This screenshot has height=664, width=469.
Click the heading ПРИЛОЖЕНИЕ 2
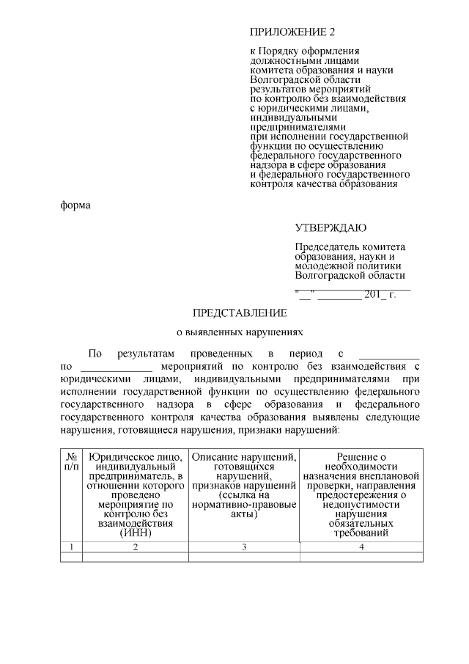click(292, 33)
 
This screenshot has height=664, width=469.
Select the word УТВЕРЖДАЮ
click(330, 228)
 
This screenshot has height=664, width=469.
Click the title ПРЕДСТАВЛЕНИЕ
click(240, 313)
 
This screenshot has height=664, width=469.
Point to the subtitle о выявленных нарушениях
click(240, 332)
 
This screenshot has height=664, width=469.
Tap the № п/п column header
click(71, 461)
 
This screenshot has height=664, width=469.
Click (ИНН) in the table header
click(136, 533)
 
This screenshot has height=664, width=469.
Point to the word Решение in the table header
click(361, 457)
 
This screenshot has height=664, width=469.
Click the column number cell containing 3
click(245, 547)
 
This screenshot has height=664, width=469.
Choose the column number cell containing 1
click(71, 547)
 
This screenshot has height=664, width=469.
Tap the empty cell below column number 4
click(361, 557)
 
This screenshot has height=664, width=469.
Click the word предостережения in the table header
click(361, 495)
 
